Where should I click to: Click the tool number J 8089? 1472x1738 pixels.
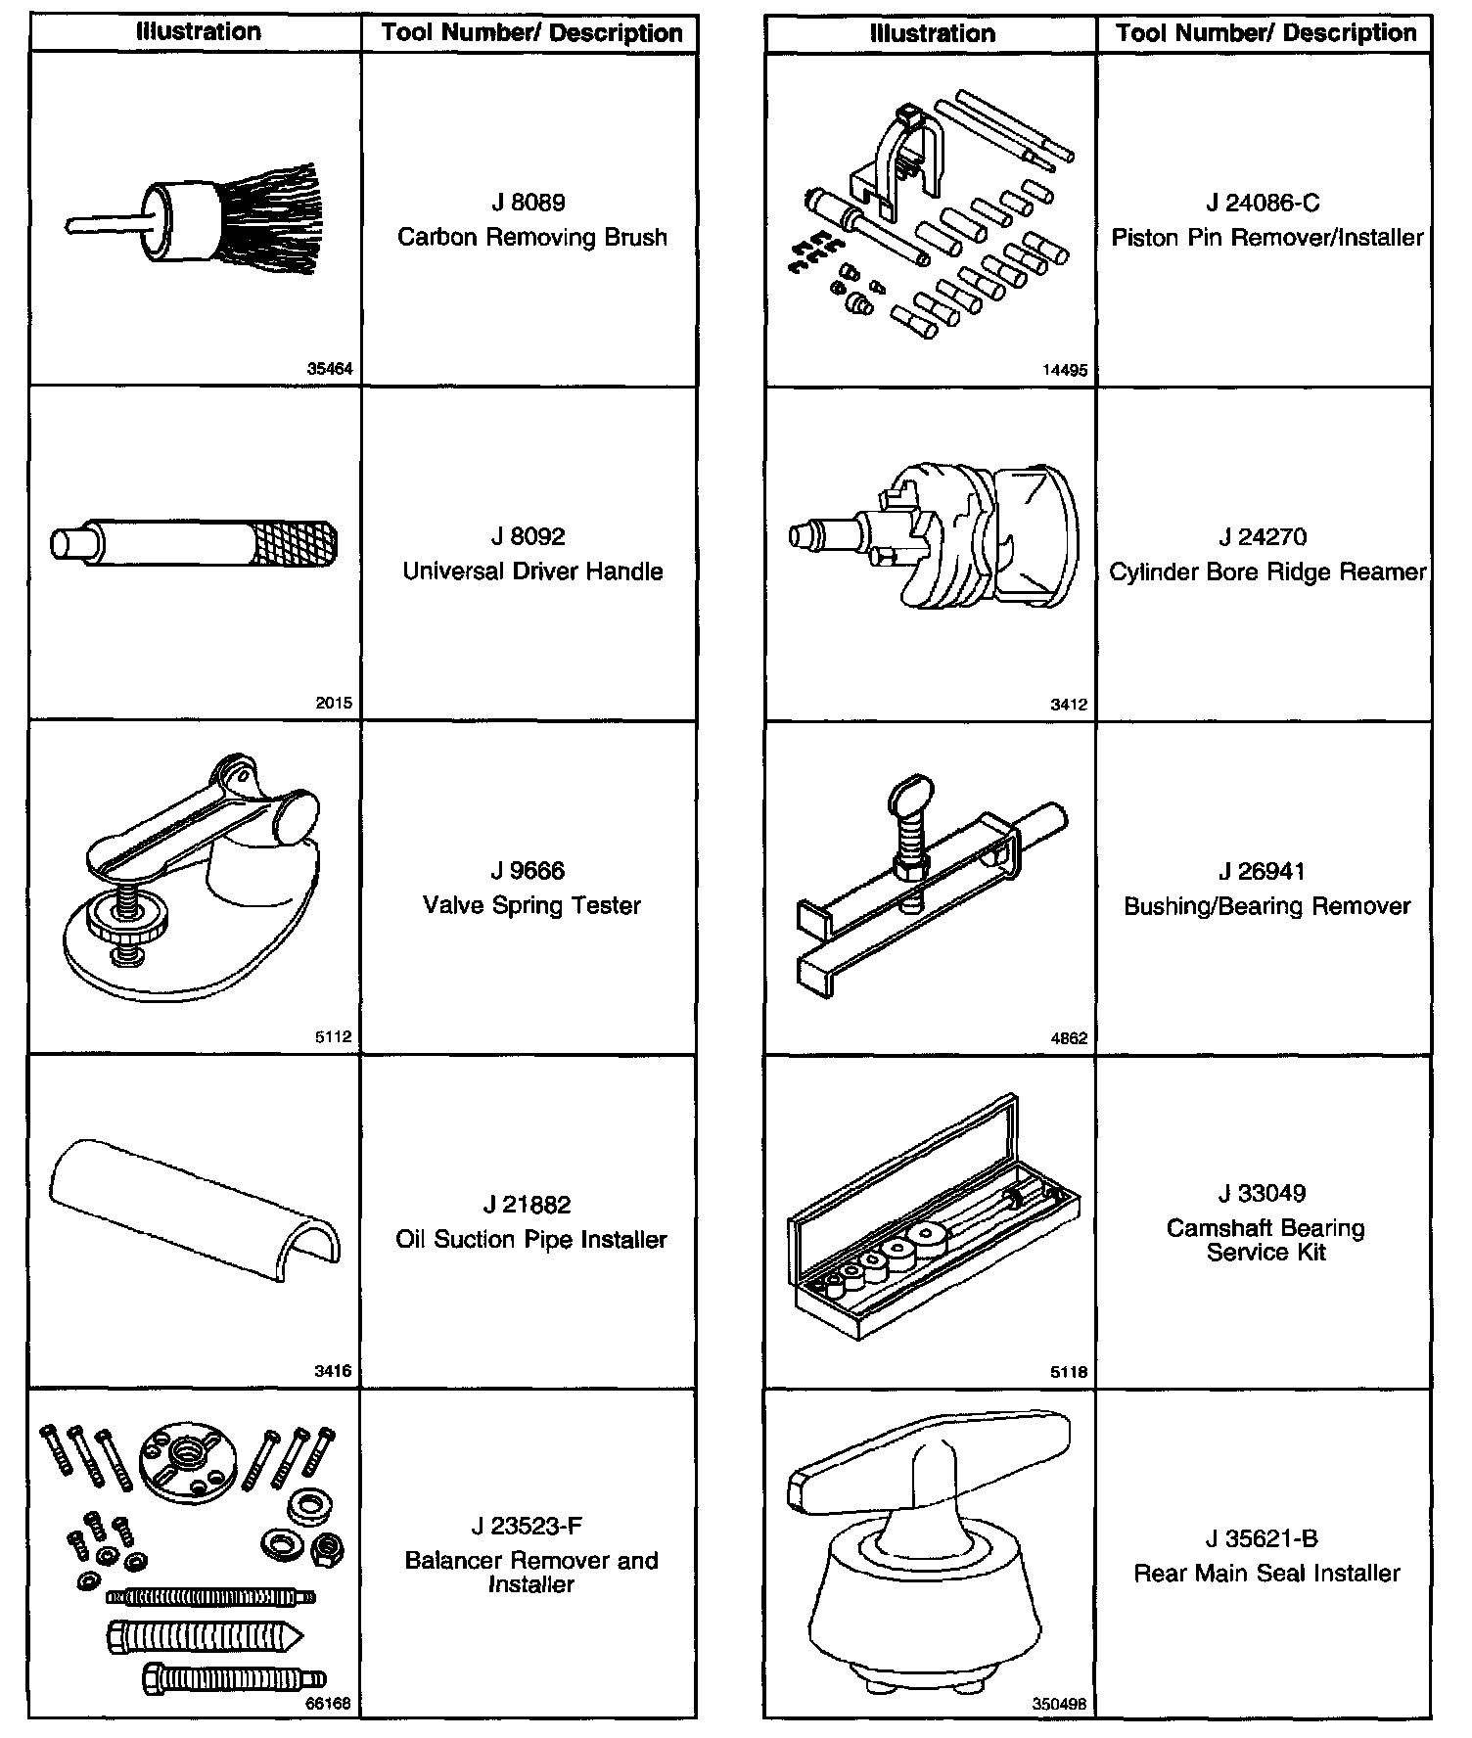(x=529, y=203)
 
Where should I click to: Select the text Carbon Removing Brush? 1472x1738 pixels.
(x=531, y=238)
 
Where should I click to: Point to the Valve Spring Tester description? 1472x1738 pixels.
(x=531, y=905)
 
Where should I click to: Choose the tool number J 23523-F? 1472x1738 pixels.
(x=529, y=1527)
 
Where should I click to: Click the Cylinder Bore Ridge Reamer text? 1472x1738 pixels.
(x=1266, y=572)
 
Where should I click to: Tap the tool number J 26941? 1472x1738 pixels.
(x=1263, y=871)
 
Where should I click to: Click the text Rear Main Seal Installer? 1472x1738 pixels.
(x=1266, y=1574)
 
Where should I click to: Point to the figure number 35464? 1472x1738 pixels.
(x=330, y=370)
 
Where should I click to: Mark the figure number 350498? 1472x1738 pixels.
(x=1059, y=1704)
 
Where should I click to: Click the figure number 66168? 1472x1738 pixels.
(x=330, y=1704)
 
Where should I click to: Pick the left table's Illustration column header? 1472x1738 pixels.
(x=198, y=32)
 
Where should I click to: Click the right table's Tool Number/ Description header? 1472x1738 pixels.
(x=1265, y=33)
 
